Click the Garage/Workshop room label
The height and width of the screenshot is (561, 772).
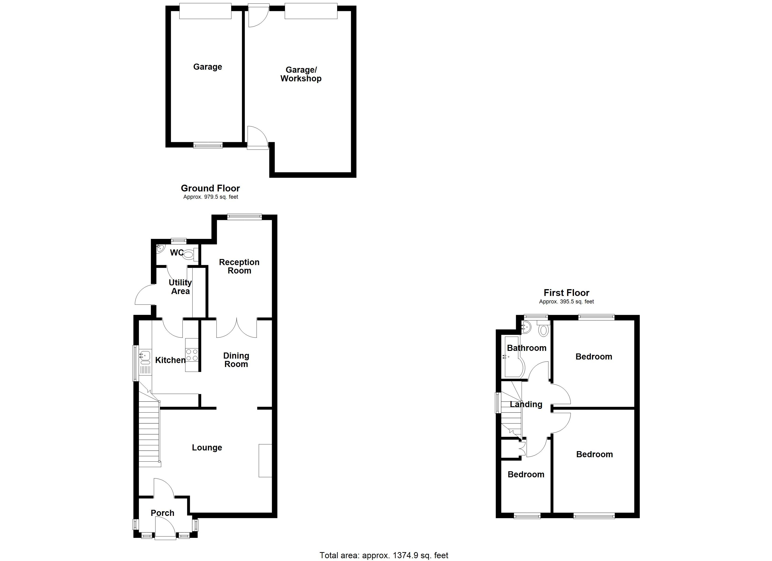301,74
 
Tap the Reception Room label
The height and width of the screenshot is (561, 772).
239,266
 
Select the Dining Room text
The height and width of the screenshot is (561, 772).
236,360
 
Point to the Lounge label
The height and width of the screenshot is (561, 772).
207,447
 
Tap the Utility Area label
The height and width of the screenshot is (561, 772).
180,287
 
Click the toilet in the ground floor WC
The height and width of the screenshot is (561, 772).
189,255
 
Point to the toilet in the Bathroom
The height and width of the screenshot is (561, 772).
544,329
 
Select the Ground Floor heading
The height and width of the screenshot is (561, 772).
210,188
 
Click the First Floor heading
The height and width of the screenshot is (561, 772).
566,293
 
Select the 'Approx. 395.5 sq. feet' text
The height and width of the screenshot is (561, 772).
566,302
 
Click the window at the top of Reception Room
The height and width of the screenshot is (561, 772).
244,216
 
